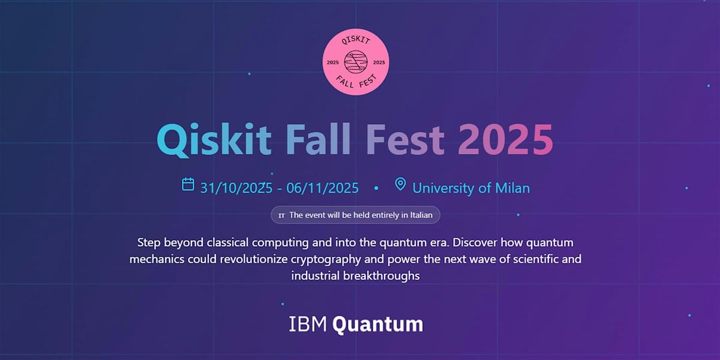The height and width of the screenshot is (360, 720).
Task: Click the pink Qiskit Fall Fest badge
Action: [x=355, y=62]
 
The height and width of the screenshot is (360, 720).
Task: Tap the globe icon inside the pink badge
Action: [x=355, y=62]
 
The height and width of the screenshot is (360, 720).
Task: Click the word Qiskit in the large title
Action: [x=214, y=140]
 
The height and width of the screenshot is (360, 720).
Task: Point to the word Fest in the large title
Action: [x=405, y=139]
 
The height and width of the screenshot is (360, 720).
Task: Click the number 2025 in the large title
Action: [x=506, y=139]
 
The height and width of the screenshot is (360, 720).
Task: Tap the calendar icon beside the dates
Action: [x=188, y=184]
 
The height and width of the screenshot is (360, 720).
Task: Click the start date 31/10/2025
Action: [x=236, y=188]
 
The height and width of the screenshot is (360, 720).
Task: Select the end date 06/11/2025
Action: [x=322, y=188]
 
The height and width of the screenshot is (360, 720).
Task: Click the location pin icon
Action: [x=400, y=184]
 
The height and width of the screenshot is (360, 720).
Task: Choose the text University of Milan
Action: [x=471, y=188]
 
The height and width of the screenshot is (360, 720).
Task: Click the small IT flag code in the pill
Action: [x=281, y=215]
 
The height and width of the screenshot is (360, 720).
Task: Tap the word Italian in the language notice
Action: [x=421, y=215]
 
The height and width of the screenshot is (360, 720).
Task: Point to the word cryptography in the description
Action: [x=326, y=259]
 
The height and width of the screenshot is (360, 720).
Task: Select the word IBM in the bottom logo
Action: [x=308, y=324]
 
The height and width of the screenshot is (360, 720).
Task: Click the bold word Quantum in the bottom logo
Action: [x=377, y=325]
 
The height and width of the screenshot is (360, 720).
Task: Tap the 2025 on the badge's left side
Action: [x=332, y=62]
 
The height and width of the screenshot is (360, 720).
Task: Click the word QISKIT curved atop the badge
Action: [x=355, y=40]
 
